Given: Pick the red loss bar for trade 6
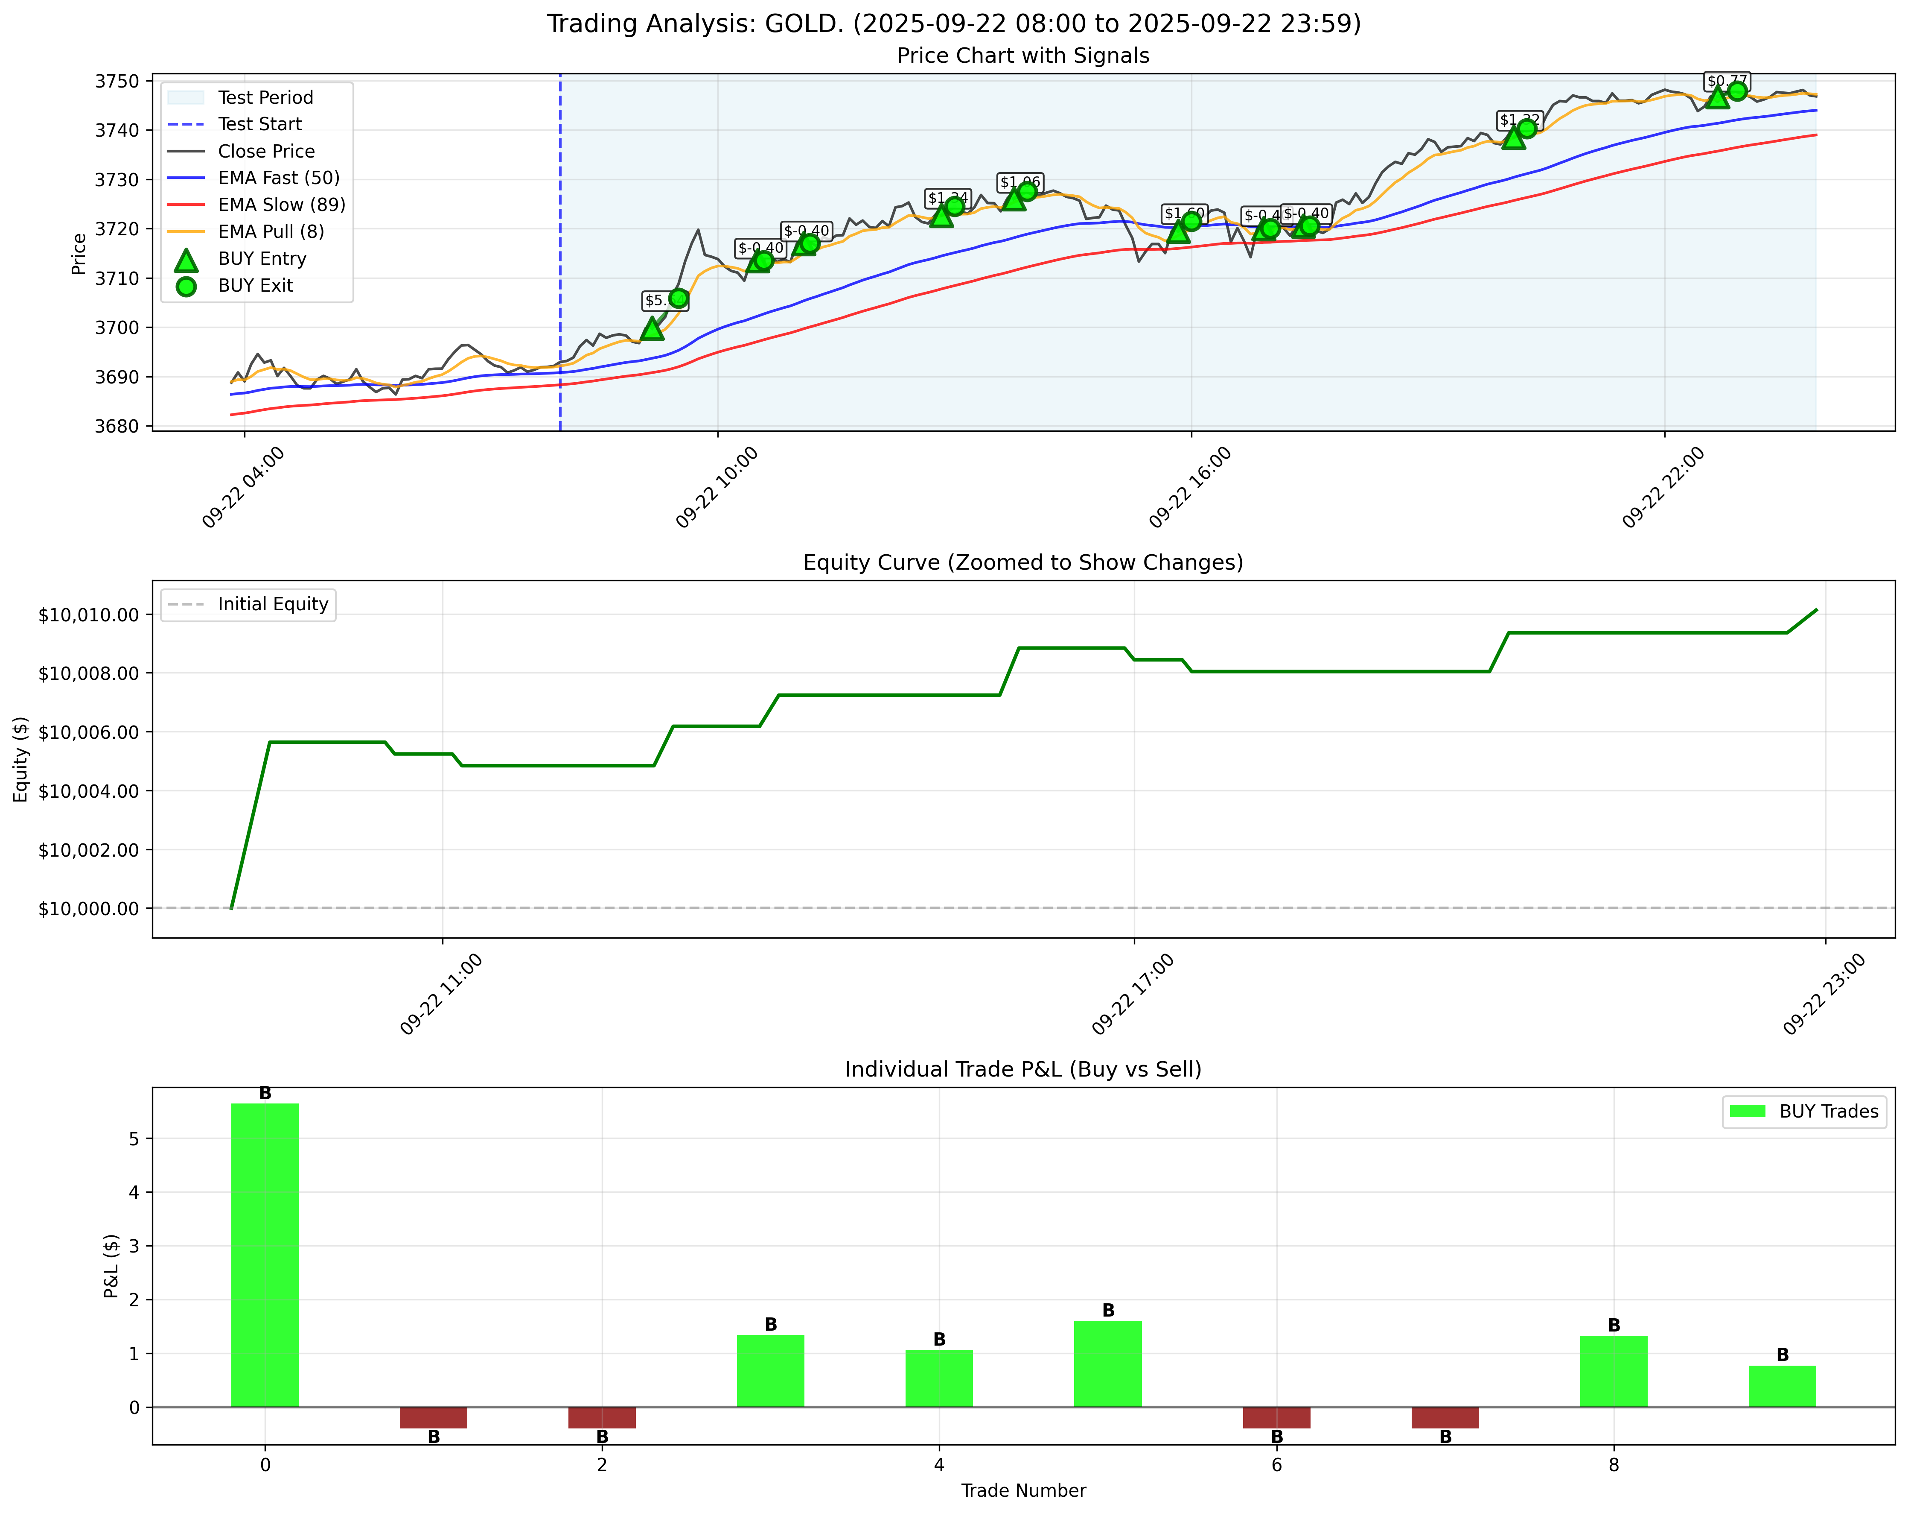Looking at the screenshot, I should tap(1276, 1417).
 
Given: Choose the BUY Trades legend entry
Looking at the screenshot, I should tap(1828, 1111).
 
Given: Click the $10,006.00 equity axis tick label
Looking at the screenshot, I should tap(88, 732).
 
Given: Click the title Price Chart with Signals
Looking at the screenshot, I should tap(1023, 56).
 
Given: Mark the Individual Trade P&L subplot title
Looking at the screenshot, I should tap(1023, 1069).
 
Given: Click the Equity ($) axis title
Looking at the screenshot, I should tap(21, 759).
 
